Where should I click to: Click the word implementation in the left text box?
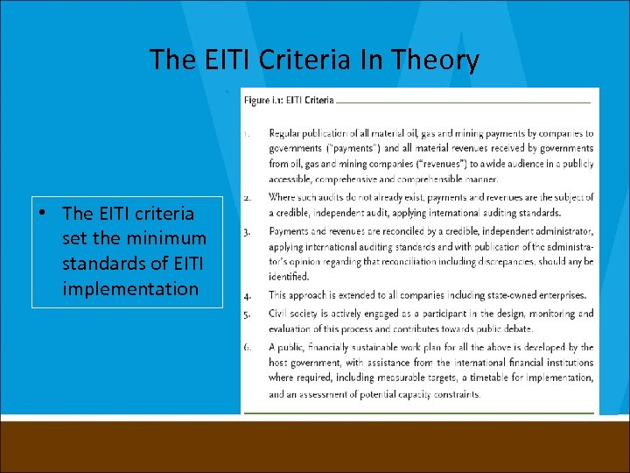point(131,288)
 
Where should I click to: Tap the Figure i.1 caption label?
point(289,102)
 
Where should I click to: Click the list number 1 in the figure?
point(248,134)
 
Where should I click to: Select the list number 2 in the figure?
point(248,198)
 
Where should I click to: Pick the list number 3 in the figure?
point(248,231)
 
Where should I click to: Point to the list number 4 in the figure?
point(248,295)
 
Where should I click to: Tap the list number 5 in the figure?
point(248,313)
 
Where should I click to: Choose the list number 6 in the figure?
point(248,348)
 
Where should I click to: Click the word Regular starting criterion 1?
point(286,134)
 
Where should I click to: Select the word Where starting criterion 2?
point(283,198)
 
